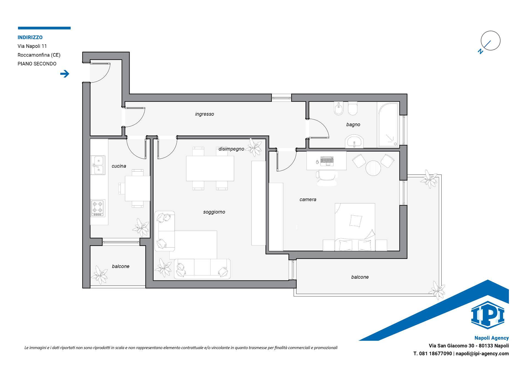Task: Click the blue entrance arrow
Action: coord(65,74)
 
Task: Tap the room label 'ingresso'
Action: coord(204,114)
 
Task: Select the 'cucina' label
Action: coord(119,166)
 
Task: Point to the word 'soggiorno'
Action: coord(214,212)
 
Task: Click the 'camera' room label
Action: coord(308,200)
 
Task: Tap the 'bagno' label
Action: coord(353,125)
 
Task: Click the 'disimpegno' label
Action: coord(231,149)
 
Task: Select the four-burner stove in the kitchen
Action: coord(98,208)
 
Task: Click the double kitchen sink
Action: coord(98,165)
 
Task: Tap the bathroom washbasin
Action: coord(354,142)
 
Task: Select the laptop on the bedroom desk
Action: coord(327,161)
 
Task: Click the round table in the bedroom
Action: coord(373,168)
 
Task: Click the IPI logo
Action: coord(487,315)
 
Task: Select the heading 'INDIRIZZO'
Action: coord(30,37)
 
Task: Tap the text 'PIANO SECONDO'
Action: coord(37,64)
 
